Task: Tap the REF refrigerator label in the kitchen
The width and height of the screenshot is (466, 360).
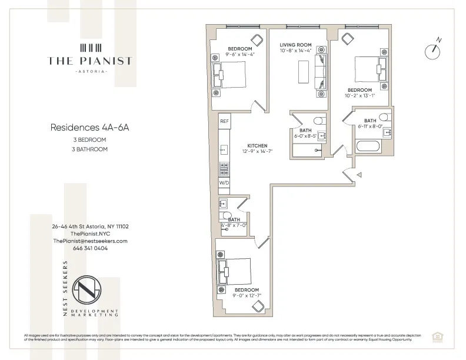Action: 224,121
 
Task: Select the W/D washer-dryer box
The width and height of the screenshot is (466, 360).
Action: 224,184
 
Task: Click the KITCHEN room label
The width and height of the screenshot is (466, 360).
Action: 257,145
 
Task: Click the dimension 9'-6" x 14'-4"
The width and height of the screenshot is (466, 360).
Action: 240,55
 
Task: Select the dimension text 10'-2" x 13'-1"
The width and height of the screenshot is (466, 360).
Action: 361,96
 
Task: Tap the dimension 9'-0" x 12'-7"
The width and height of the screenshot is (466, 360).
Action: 247,296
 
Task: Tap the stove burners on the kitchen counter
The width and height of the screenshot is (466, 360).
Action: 224,169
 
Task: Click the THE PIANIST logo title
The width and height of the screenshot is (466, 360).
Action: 90,61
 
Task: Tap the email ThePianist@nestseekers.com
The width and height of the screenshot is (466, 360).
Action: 90,241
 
